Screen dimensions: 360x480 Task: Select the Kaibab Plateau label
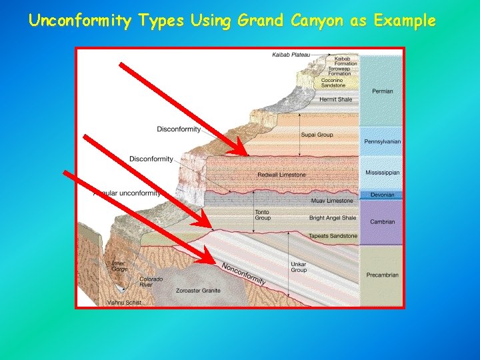click(x=291, y=55)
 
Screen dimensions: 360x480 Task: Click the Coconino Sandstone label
click(x=333, y=83)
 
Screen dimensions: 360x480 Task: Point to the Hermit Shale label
click(x=335, y=99)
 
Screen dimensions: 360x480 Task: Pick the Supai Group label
click(x=317, y=135)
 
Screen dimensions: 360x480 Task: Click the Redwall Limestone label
click(x=281, y=175)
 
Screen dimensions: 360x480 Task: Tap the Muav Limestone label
click(x=332, y=201)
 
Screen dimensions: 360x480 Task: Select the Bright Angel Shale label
click(x=333, y=218)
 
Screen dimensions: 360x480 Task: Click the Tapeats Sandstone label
click(x=333, y=236)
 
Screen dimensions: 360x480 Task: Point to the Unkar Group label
click(x=299, y=267)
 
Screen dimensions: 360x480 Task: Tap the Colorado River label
click(x=151, y=282)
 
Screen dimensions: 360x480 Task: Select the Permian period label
click(x=383, y=91)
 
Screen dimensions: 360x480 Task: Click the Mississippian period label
click(x=383, y=173)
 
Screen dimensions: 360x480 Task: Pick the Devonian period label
click(x=383, y=195)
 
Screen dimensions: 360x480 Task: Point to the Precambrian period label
click(x=383, y=275)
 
